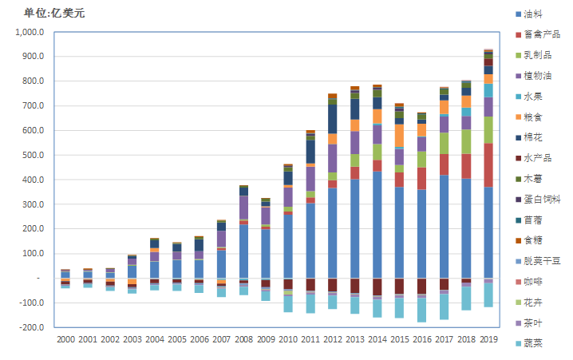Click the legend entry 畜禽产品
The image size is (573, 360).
coord(542,34)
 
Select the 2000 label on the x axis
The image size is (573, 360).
coord(65,339)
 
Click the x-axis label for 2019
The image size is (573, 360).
coord(488,339)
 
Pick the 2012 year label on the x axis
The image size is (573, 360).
coord(332,339)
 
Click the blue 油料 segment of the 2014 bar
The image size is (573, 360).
coord(377,224)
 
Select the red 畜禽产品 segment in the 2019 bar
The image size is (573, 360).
coord(488,164)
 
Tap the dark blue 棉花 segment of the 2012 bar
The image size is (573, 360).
coord(332,119)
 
